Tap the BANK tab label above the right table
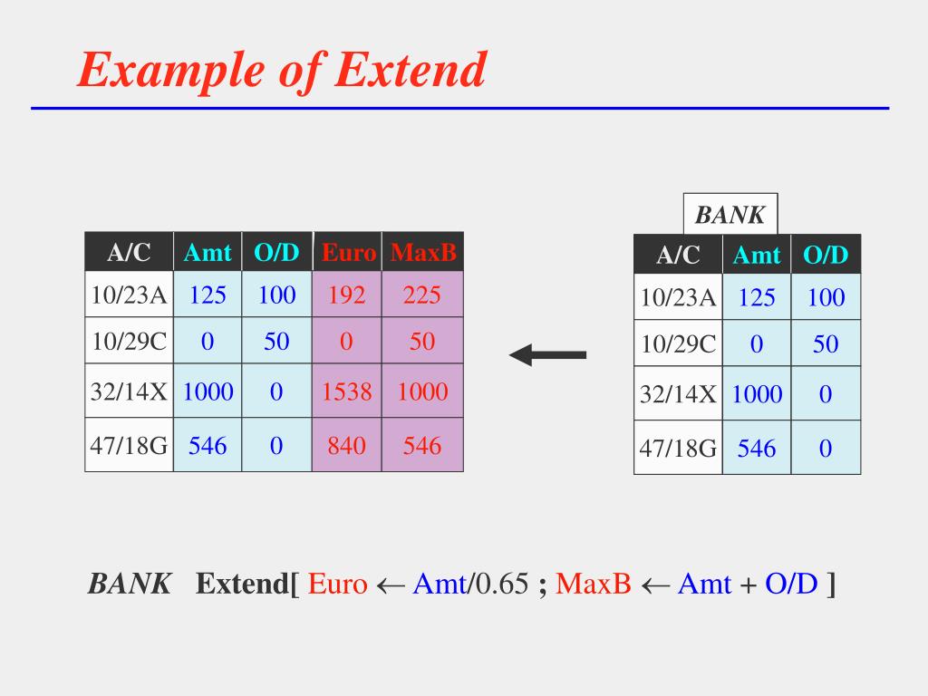(x=730, y=216)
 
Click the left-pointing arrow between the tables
(x=548, y=354)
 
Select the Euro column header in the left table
(x=348, y=252)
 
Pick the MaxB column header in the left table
(x=423, y=252)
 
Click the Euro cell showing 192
(x=348, y=295)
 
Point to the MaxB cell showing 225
(x=422, y=295)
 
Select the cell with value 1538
(x=348, y=391)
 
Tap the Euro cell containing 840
(x=348, y=445)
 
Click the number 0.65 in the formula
(x=501, y=585)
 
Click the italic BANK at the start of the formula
(x=129, y=585)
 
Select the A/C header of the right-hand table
(x=678, y=256)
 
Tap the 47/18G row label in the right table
(x=678, y=448)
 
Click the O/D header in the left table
(x=276, y=252)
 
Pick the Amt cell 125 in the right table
(x=757, y=297)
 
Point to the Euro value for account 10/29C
(x=348, y=342)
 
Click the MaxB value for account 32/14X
(x=422, y=391)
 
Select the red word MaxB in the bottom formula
(x=593, y=585)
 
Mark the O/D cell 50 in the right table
(x=826, y=344)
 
